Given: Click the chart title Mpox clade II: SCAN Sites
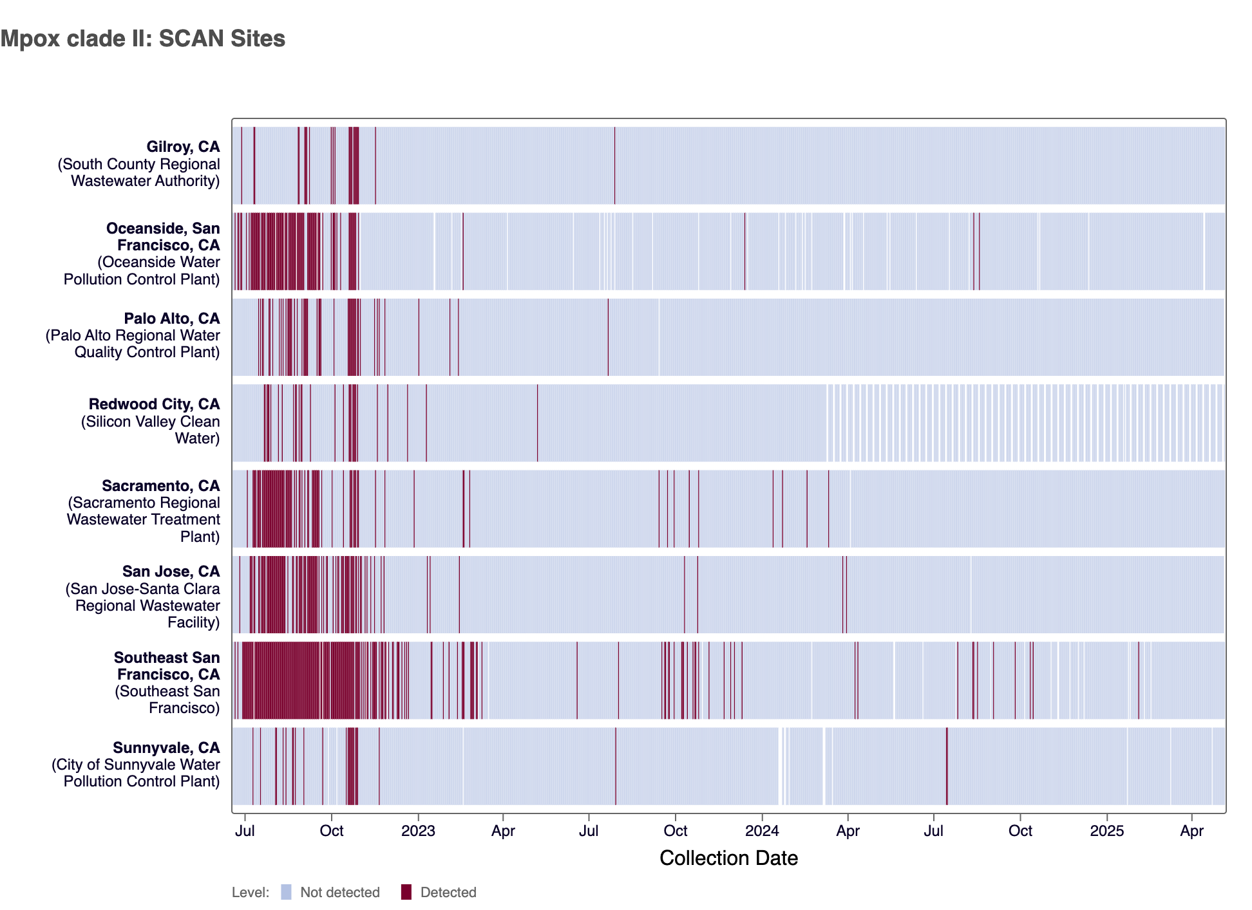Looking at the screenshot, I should [143, 39].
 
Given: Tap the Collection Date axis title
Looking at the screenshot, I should [728, 858].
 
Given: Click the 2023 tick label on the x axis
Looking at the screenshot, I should [418, 831].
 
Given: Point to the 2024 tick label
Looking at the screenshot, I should [762, 831].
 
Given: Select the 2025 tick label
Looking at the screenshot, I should [1106, 831].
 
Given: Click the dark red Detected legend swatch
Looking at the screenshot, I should [406, 892].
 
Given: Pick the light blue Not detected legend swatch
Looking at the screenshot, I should [287, 892].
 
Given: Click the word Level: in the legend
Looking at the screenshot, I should [251, 893].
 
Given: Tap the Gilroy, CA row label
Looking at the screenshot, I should [183, 147].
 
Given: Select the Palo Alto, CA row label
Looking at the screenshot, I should [171, 319].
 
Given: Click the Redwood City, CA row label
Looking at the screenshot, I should [154, 404].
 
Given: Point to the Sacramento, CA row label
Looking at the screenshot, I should [160, 486].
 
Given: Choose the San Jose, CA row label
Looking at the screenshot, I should [171, 571].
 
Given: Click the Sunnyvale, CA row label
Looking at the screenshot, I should [166, 748].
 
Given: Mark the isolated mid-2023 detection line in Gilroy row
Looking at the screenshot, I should [614, 165].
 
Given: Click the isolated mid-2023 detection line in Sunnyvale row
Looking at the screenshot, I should [616, 766].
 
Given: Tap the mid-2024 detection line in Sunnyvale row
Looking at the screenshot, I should [947, 766].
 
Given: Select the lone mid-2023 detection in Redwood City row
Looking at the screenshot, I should [537, 423].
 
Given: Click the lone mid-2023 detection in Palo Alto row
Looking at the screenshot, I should [608, 337].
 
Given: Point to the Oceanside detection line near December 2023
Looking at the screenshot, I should [745, 251].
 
